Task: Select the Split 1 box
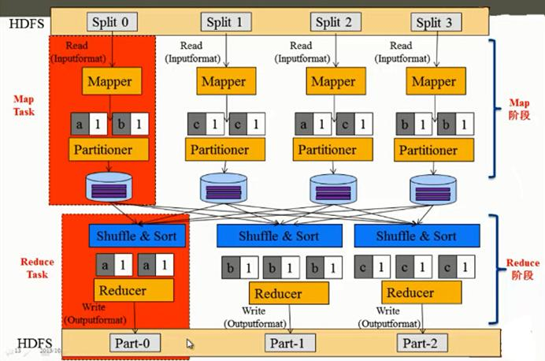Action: click(x=226, y=21)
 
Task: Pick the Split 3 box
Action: click(x=435, y=21)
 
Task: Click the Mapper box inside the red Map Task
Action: click(x=110, y=81)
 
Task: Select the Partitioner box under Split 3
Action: click(x=436, y=149)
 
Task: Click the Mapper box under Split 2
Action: click(x=333, y=81)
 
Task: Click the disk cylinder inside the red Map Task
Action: click(x=109, y=188)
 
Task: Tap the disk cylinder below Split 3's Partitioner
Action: click(x=435, y=189)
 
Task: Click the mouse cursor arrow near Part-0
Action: click(x=190, y=344)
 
